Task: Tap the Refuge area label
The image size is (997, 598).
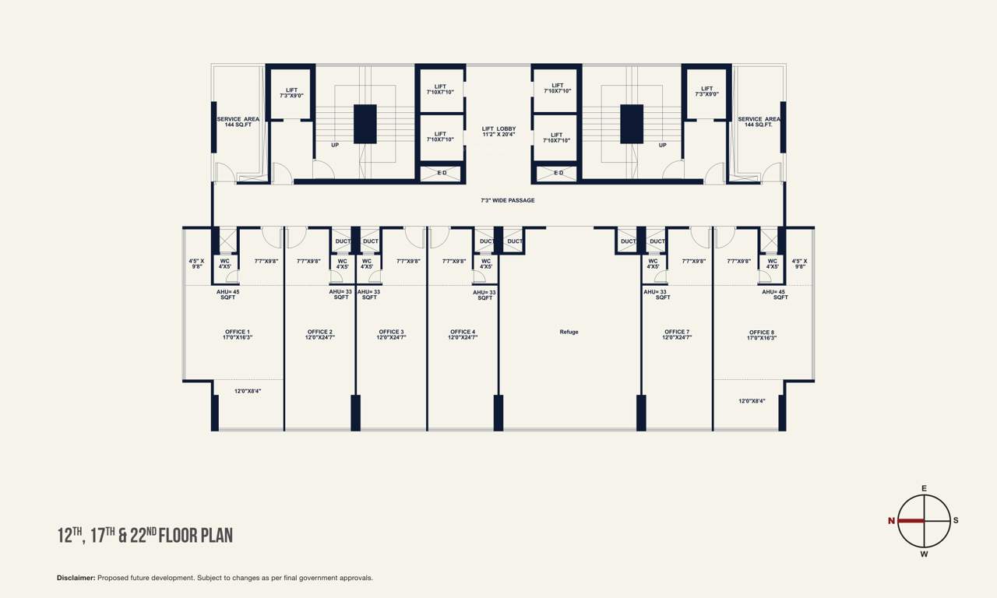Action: coord(569,332)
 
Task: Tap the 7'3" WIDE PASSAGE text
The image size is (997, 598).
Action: coord(507,201)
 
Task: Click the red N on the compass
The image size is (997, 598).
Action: coord(891,521)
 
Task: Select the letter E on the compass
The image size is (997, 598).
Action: coord(924,488)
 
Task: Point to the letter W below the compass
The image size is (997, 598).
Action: coord(924,554)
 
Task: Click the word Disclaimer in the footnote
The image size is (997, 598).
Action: coord(76,578)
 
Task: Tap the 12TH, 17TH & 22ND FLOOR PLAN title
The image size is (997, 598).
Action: coord(145,535)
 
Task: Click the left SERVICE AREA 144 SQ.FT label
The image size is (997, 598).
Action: coord(238,121)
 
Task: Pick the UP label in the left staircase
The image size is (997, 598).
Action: coord(335,145)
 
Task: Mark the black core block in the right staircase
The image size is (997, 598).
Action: coord(632,124)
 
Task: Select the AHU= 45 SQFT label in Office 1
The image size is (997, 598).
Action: coord(228,294)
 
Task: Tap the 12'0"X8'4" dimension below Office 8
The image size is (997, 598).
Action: coord(752,401)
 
